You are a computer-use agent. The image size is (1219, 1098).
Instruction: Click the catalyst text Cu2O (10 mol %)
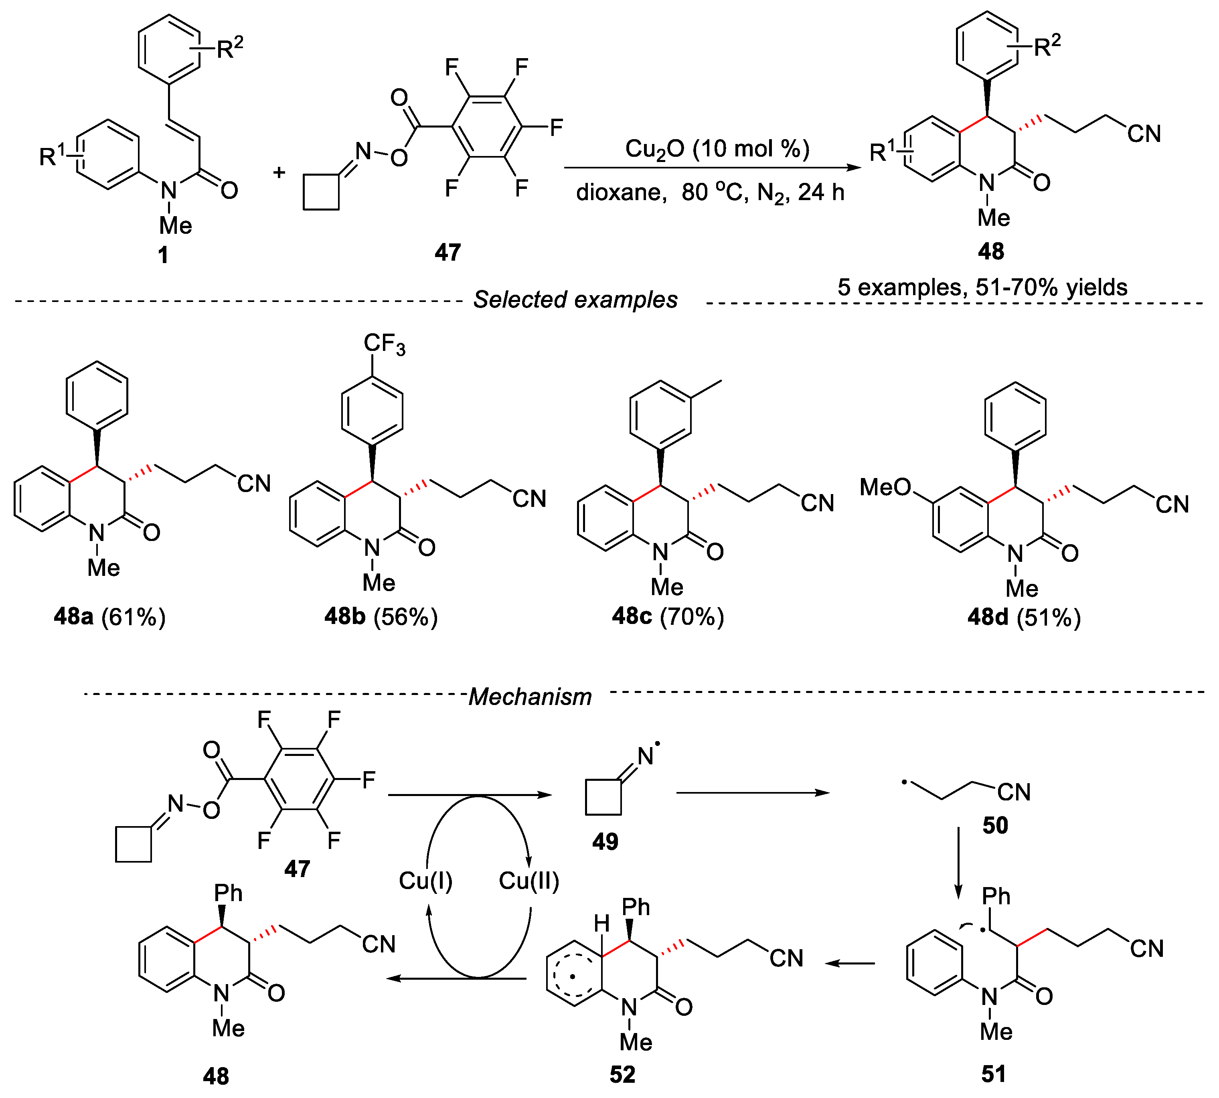coord(717,148)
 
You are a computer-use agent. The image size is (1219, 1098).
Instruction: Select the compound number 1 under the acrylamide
coord(163,255)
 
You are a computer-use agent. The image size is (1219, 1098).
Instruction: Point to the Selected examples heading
coord(575,299)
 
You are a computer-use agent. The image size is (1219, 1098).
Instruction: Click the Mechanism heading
coord(530,697)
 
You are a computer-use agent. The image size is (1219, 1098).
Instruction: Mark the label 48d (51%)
coord(1024,617)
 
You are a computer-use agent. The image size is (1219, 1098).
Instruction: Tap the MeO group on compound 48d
coord(885,487)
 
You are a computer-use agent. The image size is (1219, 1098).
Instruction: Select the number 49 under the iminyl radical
coord(605,842)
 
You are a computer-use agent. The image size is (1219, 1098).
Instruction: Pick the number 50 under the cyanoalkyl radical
coord(994,825)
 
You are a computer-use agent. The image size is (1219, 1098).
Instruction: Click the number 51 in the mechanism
coord(993,1074)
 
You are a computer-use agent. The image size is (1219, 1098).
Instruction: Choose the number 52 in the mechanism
coord(622,1074)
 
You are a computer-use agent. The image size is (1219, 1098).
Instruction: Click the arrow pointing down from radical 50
coord(958,863)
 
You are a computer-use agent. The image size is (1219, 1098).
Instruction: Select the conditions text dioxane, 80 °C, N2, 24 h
coord(710,193)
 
